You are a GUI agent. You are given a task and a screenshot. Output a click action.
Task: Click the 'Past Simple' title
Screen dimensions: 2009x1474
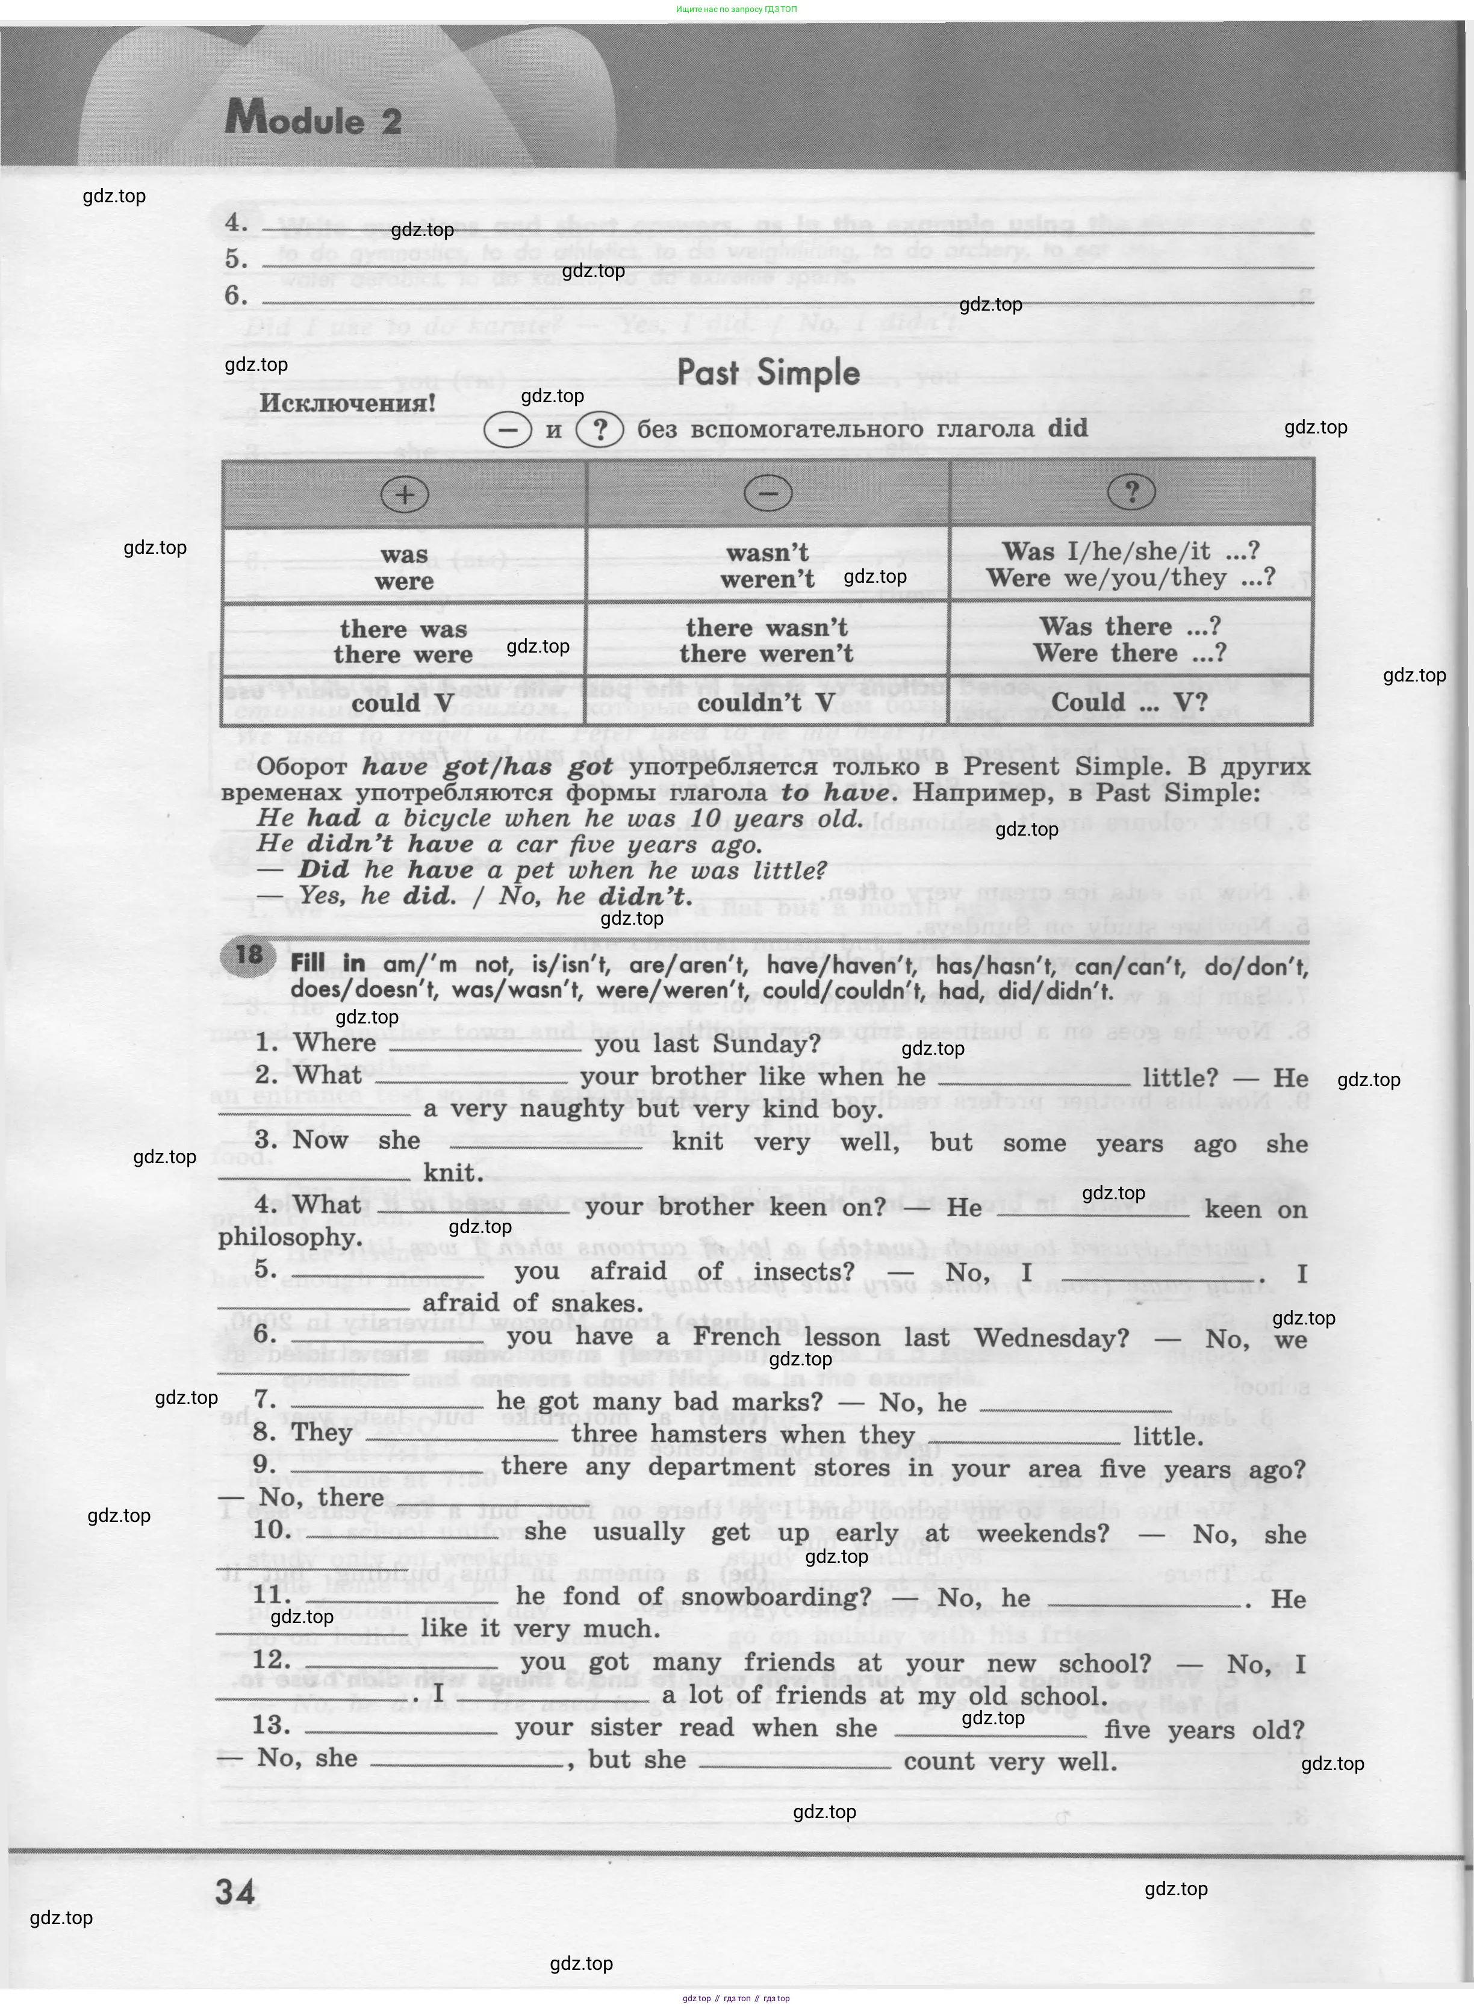click(x=768, y=373)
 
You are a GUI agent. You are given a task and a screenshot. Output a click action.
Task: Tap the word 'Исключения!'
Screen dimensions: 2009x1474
click(x=347, y=403)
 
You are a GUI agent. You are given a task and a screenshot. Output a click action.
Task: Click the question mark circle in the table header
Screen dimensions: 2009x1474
click(x=1131, y=491)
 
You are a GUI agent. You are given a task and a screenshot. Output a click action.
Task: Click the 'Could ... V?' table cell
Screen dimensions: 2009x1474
click(x=1129, y=703)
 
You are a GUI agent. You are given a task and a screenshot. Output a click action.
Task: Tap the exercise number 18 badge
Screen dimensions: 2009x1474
click(x=248, y=955)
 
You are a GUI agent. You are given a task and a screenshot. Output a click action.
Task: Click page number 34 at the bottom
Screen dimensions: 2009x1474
click(x=235, y=1893)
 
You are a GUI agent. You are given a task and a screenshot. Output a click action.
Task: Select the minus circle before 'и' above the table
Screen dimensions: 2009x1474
click(x=507, y=430)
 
